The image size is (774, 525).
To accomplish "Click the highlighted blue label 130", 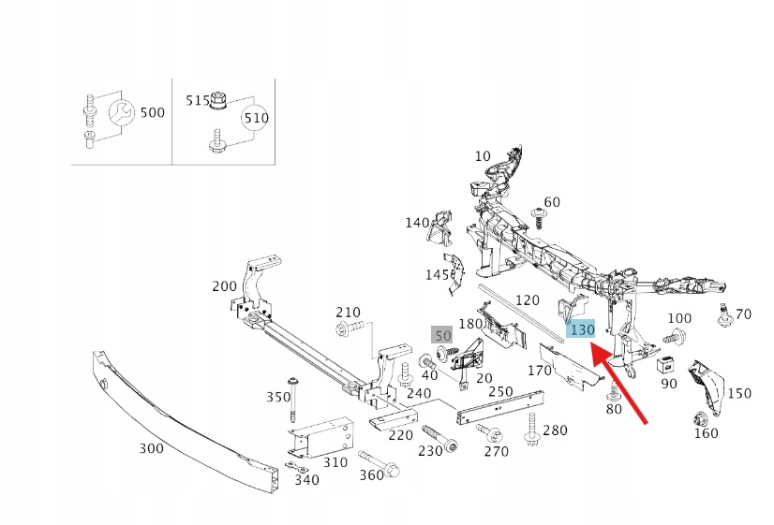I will click(582, 329).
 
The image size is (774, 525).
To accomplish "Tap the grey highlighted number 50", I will click(442, 335).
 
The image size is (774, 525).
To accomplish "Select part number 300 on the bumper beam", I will click(151, 448).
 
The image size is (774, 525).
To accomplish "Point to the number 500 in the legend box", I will click(152, 112).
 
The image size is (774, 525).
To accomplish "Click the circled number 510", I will click(256, 119).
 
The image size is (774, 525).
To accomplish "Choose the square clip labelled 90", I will click(668, 364).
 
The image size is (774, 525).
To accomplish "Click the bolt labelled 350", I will click(294, 401).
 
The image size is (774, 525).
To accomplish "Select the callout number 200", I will click(225, 285).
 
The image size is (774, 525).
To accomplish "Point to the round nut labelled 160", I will click(699, 418).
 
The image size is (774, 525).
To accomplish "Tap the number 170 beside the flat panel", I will click(540, 370).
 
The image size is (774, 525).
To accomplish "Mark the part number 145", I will click(437, 274).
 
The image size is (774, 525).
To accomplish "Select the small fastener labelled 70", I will click(723, 315).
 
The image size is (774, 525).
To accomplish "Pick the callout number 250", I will click(500, 391).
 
